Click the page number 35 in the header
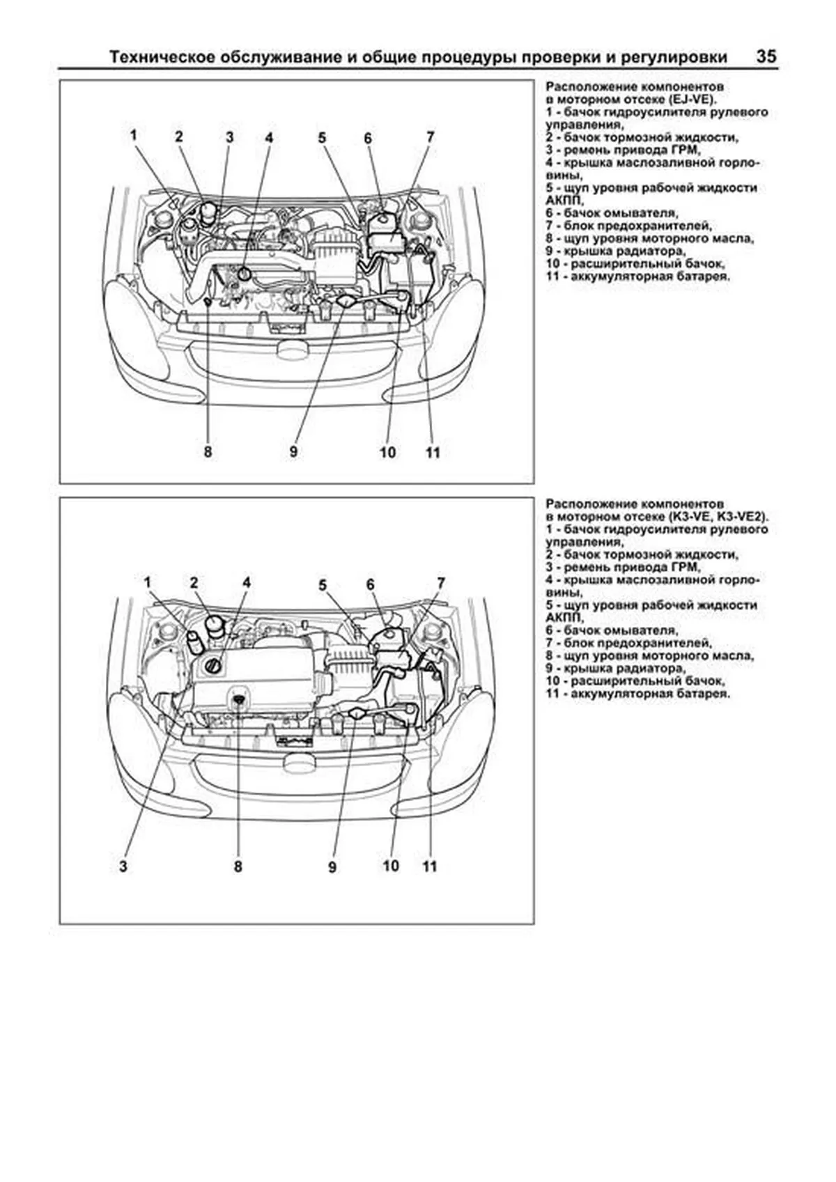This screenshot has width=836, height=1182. [766, 56]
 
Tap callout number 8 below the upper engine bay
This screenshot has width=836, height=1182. [208, 451]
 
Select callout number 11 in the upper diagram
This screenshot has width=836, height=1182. [433, 453]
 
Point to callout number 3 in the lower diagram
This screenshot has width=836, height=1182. [123, 866]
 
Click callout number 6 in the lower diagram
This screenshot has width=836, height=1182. [370, 584]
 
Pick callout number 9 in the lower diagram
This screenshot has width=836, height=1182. [332, 867]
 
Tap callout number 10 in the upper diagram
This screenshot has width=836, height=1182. [387, 453]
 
